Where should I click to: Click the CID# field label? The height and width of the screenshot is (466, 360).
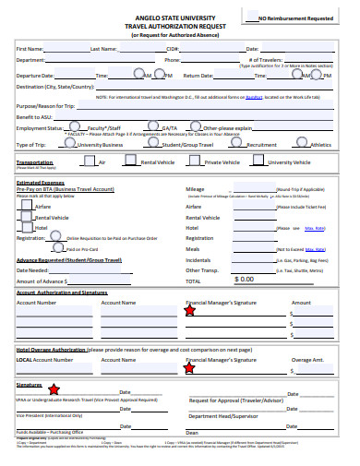point(173,49)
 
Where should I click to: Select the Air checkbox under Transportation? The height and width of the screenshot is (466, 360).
point(88,161)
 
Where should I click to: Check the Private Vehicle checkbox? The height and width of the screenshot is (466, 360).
point(196,161)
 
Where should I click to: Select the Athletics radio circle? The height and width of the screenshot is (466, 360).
point(303,144)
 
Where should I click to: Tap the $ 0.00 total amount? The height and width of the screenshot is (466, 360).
point(246,279)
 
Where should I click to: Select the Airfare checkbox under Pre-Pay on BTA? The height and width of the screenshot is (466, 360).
point(26,206)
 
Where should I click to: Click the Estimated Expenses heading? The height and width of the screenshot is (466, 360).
point(42,182)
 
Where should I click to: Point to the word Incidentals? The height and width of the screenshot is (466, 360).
point(198,260)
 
